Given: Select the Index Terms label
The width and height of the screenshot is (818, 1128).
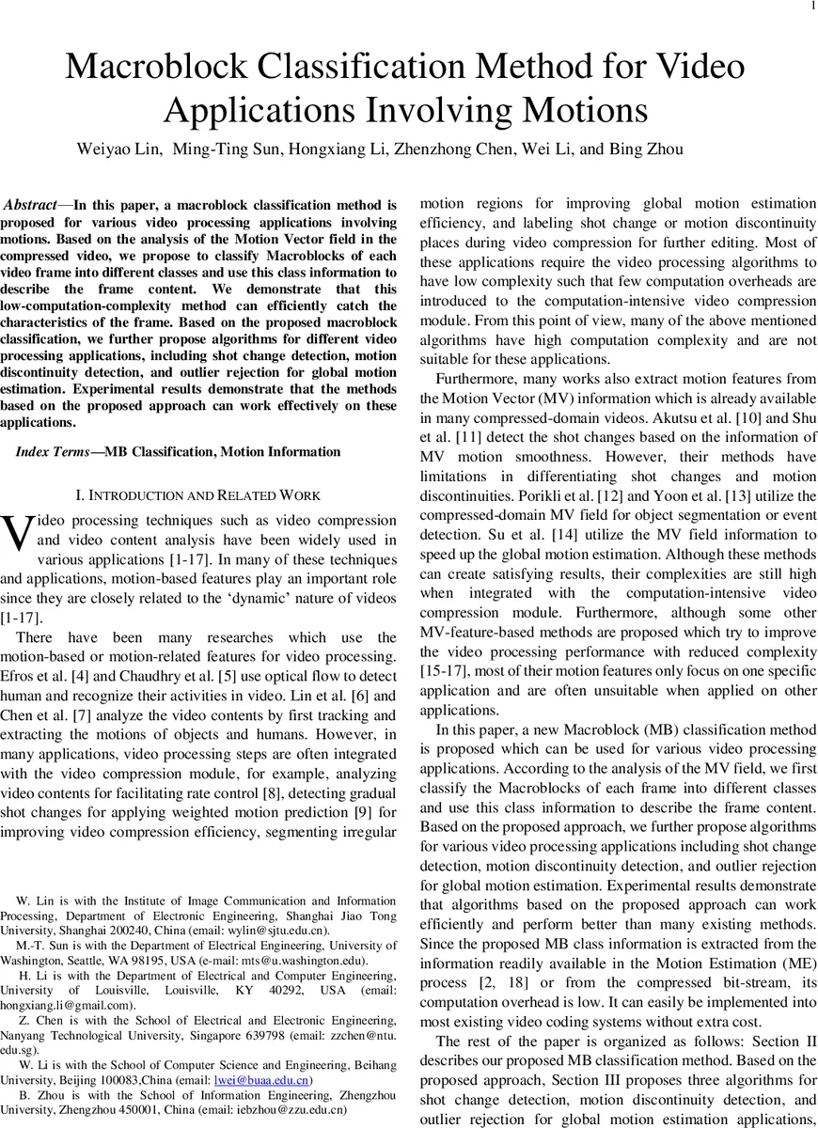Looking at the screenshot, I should pos(51,452).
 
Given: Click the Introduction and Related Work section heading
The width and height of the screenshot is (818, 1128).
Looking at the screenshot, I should pos(197,494).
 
